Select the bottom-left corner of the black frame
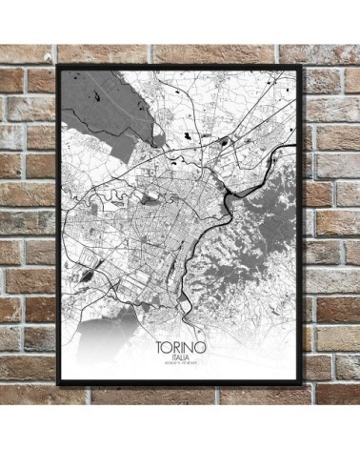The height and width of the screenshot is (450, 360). point(57,383)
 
